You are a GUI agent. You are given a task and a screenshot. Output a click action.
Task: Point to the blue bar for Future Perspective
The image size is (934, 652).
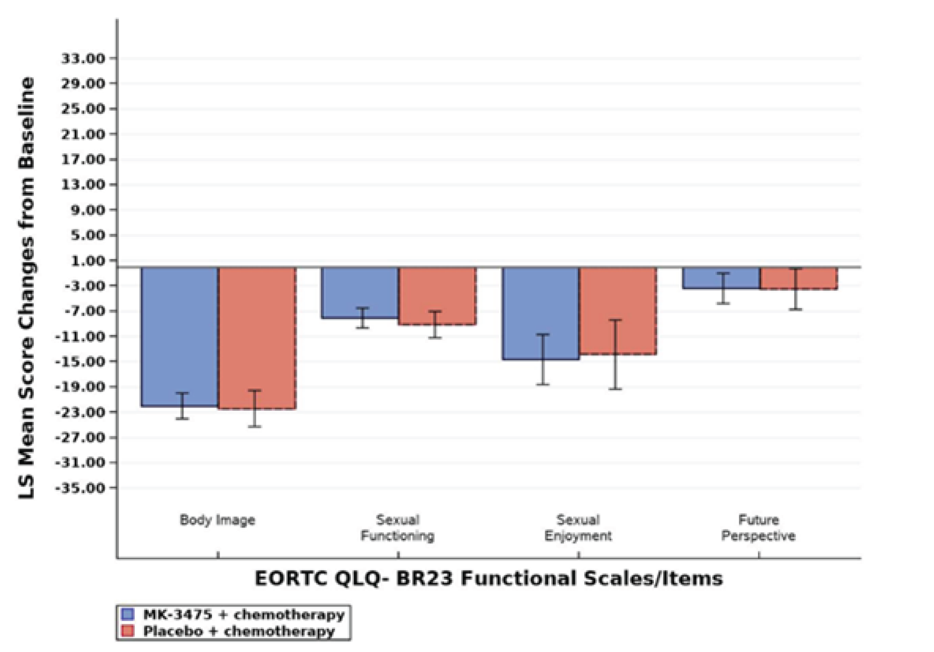721,278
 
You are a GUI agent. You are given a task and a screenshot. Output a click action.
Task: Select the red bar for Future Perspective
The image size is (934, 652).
798,278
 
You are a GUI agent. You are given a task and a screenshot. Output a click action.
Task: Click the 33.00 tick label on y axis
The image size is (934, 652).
83,58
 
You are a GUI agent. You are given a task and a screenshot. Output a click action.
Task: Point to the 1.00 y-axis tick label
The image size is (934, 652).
88,260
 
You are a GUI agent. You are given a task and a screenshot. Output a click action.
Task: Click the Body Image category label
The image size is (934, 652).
218,520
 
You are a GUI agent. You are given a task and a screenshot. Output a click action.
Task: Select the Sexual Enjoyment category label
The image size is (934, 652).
578,528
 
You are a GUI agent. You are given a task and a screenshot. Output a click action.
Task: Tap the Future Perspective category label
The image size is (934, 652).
758,528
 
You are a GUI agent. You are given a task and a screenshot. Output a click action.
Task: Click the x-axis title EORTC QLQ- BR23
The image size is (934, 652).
489,579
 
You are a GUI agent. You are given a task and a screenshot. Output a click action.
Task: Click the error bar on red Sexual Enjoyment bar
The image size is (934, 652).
615,354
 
